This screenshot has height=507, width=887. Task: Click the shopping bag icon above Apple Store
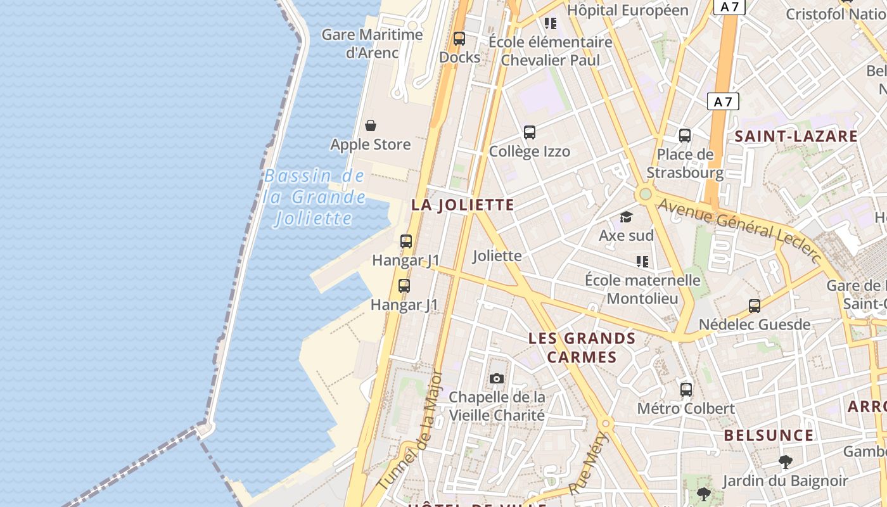tap(371, 125)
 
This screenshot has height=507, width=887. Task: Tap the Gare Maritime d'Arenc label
tap(372, 43)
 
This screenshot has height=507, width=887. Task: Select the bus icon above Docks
tap(459, 39)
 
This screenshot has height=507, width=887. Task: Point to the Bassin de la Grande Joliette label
tap(315, 197)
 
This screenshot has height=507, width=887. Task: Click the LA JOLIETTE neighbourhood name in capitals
tap(463, 205)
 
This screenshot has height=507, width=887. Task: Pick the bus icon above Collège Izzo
tap(530, 132)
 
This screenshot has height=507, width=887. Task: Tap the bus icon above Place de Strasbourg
tap(685, 135)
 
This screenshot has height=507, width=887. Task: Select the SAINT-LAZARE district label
tap(796, 136)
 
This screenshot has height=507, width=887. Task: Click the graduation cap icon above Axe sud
tap(627, 217)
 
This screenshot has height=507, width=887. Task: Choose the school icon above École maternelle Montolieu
tap(642, 262)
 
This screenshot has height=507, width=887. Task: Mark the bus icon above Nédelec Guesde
tap(755, 306)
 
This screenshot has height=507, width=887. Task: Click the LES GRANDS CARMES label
tap(582, 347)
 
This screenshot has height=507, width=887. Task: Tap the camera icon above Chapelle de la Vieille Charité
tap(497, 379)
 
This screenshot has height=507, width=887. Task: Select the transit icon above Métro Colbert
tap(686, 389)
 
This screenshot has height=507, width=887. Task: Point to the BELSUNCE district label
tap(769, 435)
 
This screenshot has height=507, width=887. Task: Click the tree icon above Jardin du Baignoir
tap(786, 462)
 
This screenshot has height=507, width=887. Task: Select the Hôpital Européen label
tap(627, 10)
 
